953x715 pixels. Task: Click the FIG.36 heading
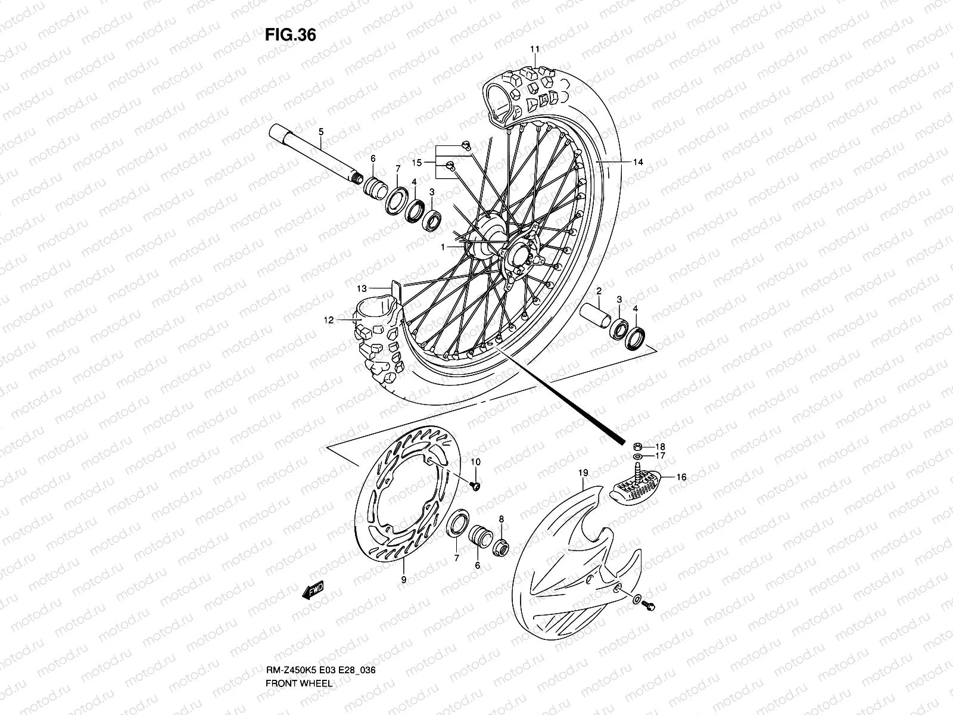(x=290, y=35)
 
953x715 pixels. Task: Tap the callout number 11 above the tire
(x=534, y=49)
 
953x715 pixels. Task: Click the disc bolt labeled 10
(x=476, y=487)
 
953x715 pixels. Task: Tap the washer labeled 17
(x=637, y=456)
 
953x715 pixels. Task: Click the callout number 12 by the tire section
(x=329, y=320)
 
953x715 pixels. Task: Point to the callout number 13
(x=362, y=288)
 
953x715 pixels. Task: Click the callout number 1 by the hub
(x=443, y=246)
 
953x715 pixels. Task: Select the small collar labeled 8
(x=502, y=545)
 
